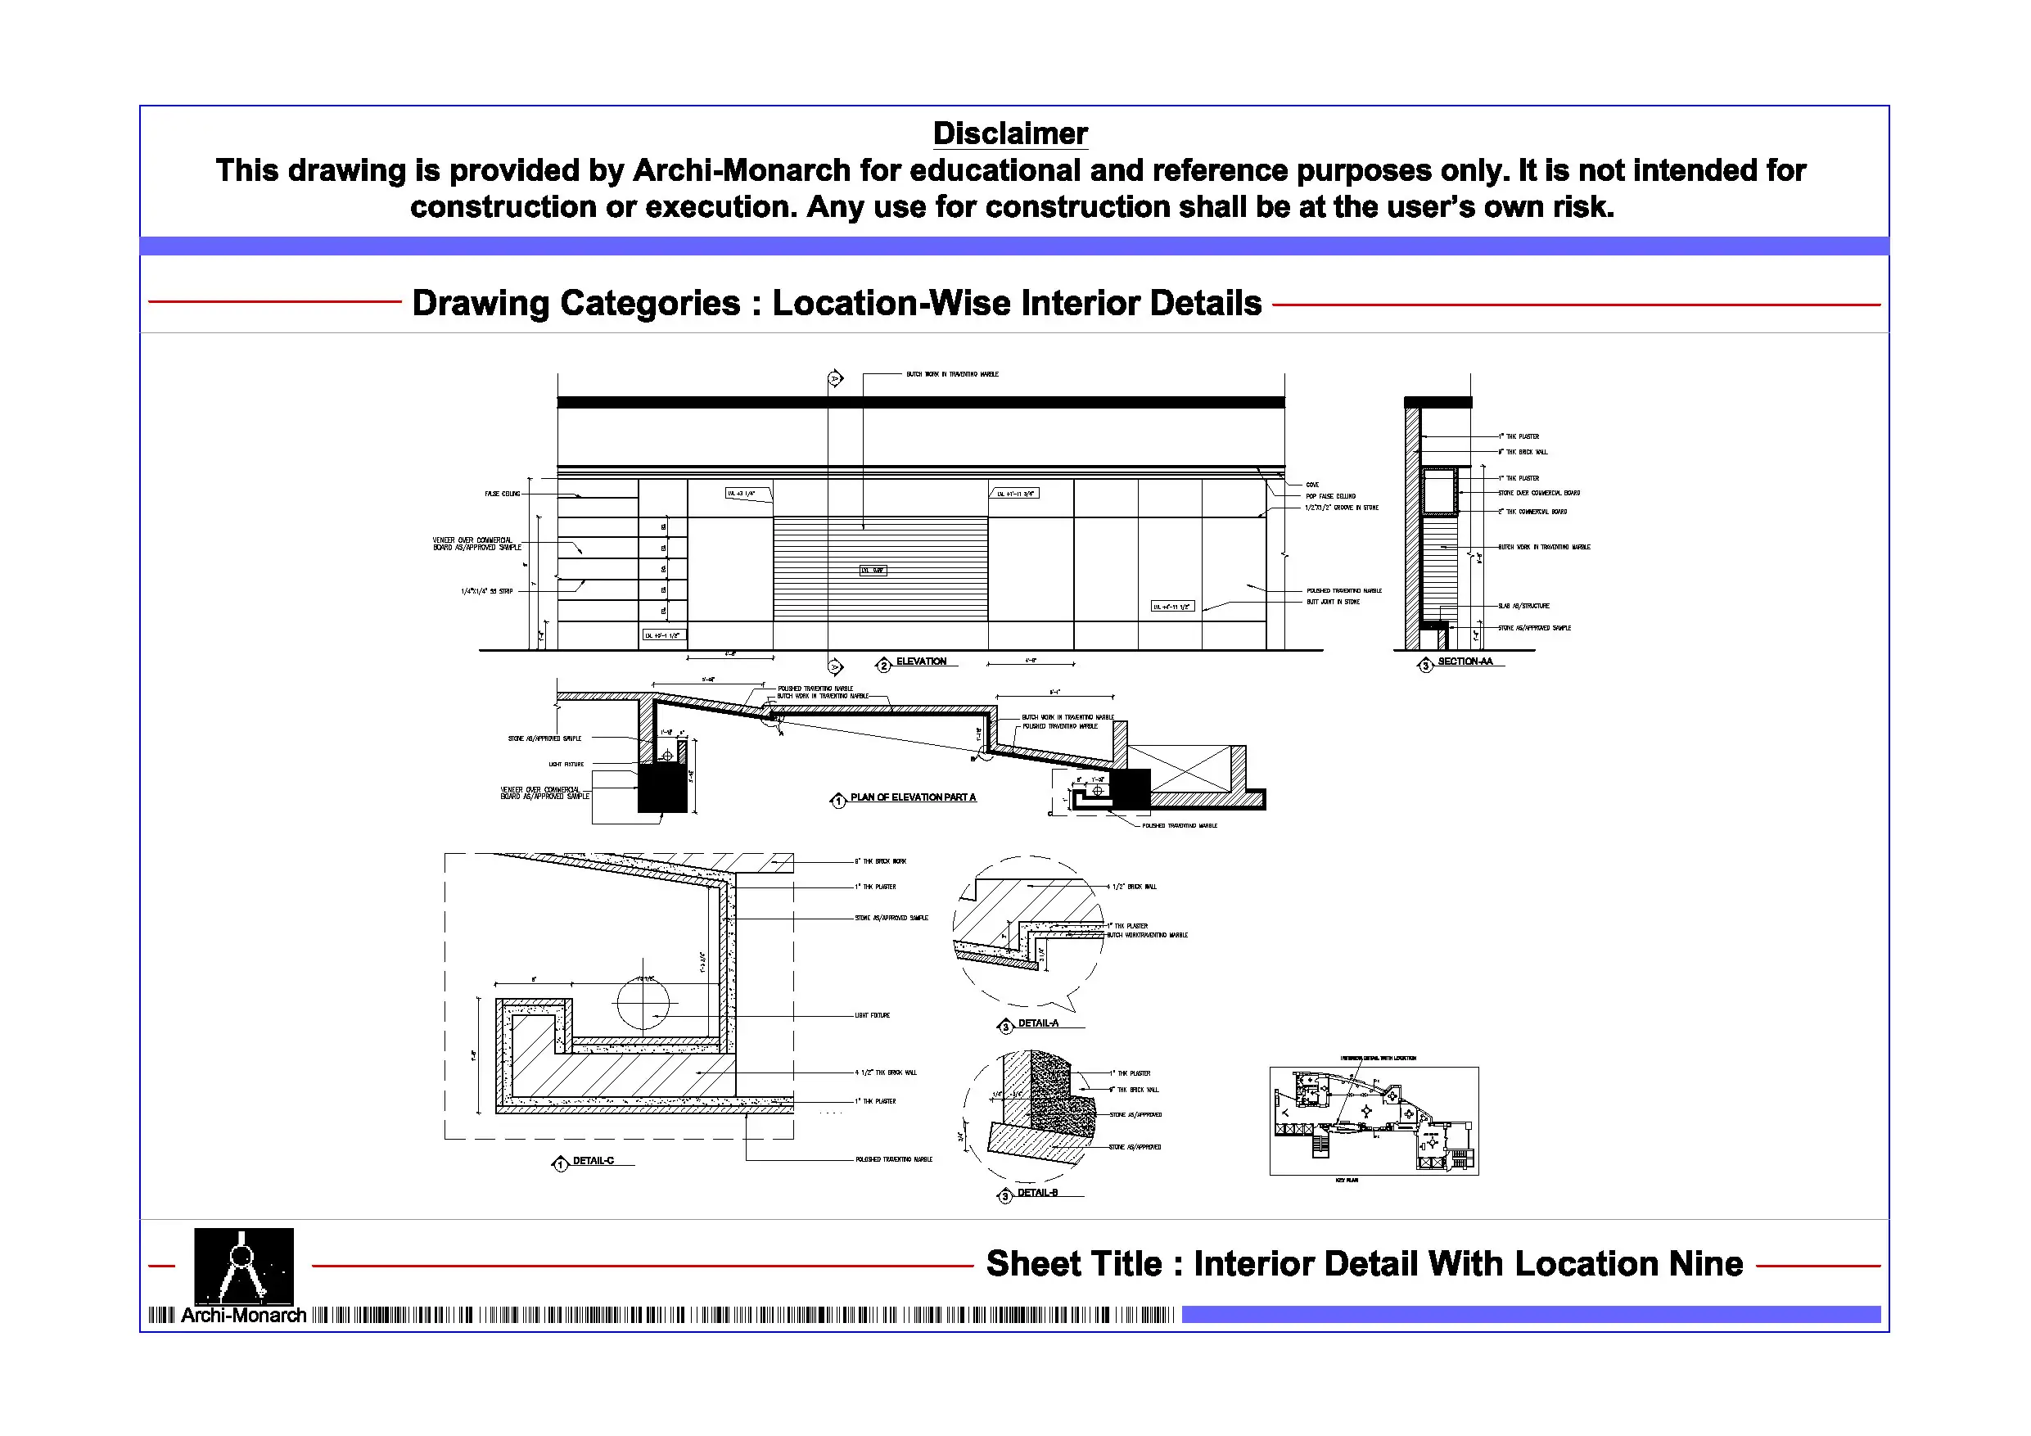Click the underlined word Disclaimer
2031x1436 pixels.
pyautogui.click(x=1009, y=133)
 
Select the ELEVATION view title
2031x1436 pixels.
pyautogui.click(x=921, y=662)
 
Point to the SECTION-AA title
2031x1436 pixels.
pyautogui.click(x=1464, y=662)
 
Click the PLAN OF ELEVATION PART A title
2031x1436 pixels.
pyautogui.click(x=913, y=798)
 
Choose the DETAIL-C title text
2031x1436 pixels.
pyautogui.click(x=593, y=1161)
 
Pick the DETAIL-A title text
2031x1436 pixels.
pyautogui.click(x=1038, y=1023)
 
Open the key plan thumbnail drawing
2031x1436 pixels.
pyautogui.click(x=1373, y=1121)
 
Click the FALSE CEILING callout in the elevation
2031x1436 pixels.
pyautogui.click(x=503, y=494)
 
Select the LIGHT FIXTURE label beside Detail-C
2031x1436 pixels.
pyautogui.click(x=872, y=1016)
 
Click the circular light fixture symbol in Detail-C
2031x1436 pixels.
pyautogui.click(x=643, y=1002)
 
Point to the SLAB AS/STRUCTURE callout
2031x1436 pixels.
pyautogui.click(x=1523, y=606)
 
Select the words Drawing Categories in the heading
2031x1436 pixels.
pyautogui.click(x=575, y=304)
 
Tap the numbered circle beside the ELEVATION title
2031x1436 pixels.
pyautogui.click(x=882, y=666)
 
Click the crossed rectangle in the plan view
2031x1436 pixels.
pyautogui.click(x=1179, y=768)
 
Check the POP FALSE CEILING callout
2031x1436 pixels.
pyautogui.click(x=1330, y=496)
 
